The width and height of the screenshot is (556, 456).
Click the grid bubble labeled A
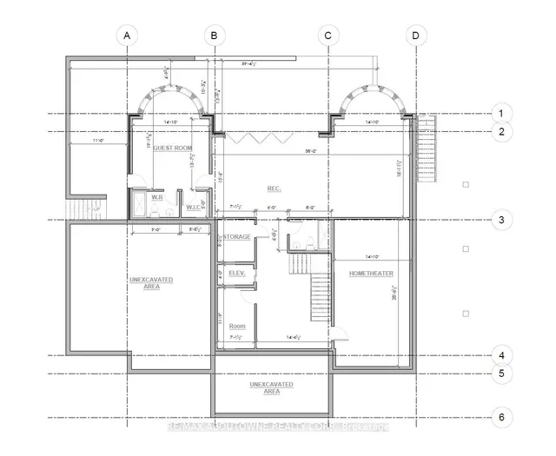tap(127, 36)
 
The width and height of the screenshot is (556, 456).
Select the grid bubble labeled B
tap(214, 36)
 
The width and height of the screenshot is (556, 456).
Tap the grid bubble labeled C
tap(328, 36)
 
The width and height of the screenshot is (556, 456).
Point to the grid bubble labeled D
tap(415, 36)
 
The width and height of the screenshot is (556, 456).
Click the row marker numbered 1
tap(500, 113)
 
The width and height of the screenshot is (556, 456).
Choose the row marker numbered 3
tap(500, 220)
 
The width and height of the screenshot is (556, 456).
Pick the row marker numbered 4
tap(500, 355)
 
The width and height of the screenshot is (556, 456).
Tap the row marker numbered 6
tap(500, 417)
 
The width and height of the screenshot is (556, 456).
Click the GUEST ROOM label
tap(172, 149)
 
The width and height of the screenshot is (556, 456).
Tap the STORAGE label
tap(236, 236)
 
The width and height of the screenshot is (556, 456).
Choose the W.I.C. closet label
tap(194, 207)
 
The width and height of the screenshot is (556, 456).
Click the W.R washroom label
tap(158, 197)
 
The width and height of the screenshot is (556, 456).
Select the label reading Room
tap(236, 326)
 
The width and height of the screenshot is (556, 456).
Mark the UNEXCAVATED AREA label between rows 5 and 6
tap(271, 387)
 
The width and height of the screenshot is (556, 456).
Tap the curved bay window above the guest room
tap(171, 96)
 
